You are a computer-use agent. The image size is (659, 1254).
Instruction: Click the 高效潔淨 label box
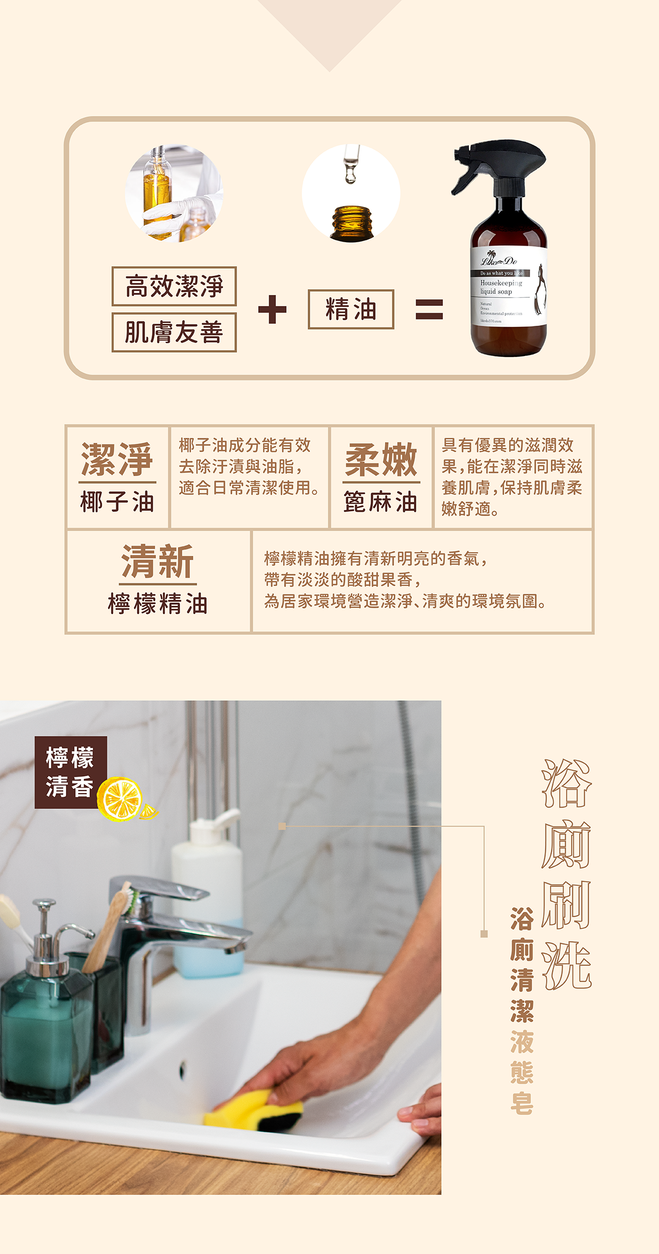click(x=174, y=286)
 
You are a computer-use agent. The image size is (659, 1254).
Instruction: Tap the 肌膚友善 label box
click(x=174, y=332)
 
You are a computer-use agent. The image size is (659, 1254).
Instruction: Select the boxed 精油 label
click(x=351, y=309)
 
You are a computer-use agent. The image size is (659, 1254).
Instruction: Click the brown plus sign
click(x=272, y=309)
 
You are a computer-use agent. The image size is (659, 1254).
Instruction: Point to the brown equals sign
click(x=429, y=309)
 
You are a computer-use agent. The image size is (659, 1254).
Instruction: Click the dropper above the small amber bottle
click(x=350, y=164)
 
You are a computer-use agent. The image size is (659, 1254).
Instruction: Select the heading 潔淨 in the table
click(x=117, y=460)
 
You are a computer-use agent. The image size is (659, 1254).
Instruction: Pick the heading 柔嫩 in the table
click(x=381, y=460)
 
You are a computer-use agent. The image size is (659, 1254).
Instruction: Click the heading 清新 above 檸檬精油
click(x=158, y=561)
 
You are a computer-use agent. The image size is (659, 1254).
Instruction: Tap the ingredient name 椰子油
click(x=117, y=502)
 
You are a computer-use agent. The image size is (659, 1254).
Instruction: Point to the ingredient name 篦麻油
click(x=381, y=502)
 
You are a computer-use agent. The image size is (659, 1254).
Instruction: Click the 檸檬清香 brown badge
click(x=70, y=772)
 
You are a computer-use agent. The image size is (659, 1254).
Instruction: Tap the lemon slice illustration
click(x=121, y=799)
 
